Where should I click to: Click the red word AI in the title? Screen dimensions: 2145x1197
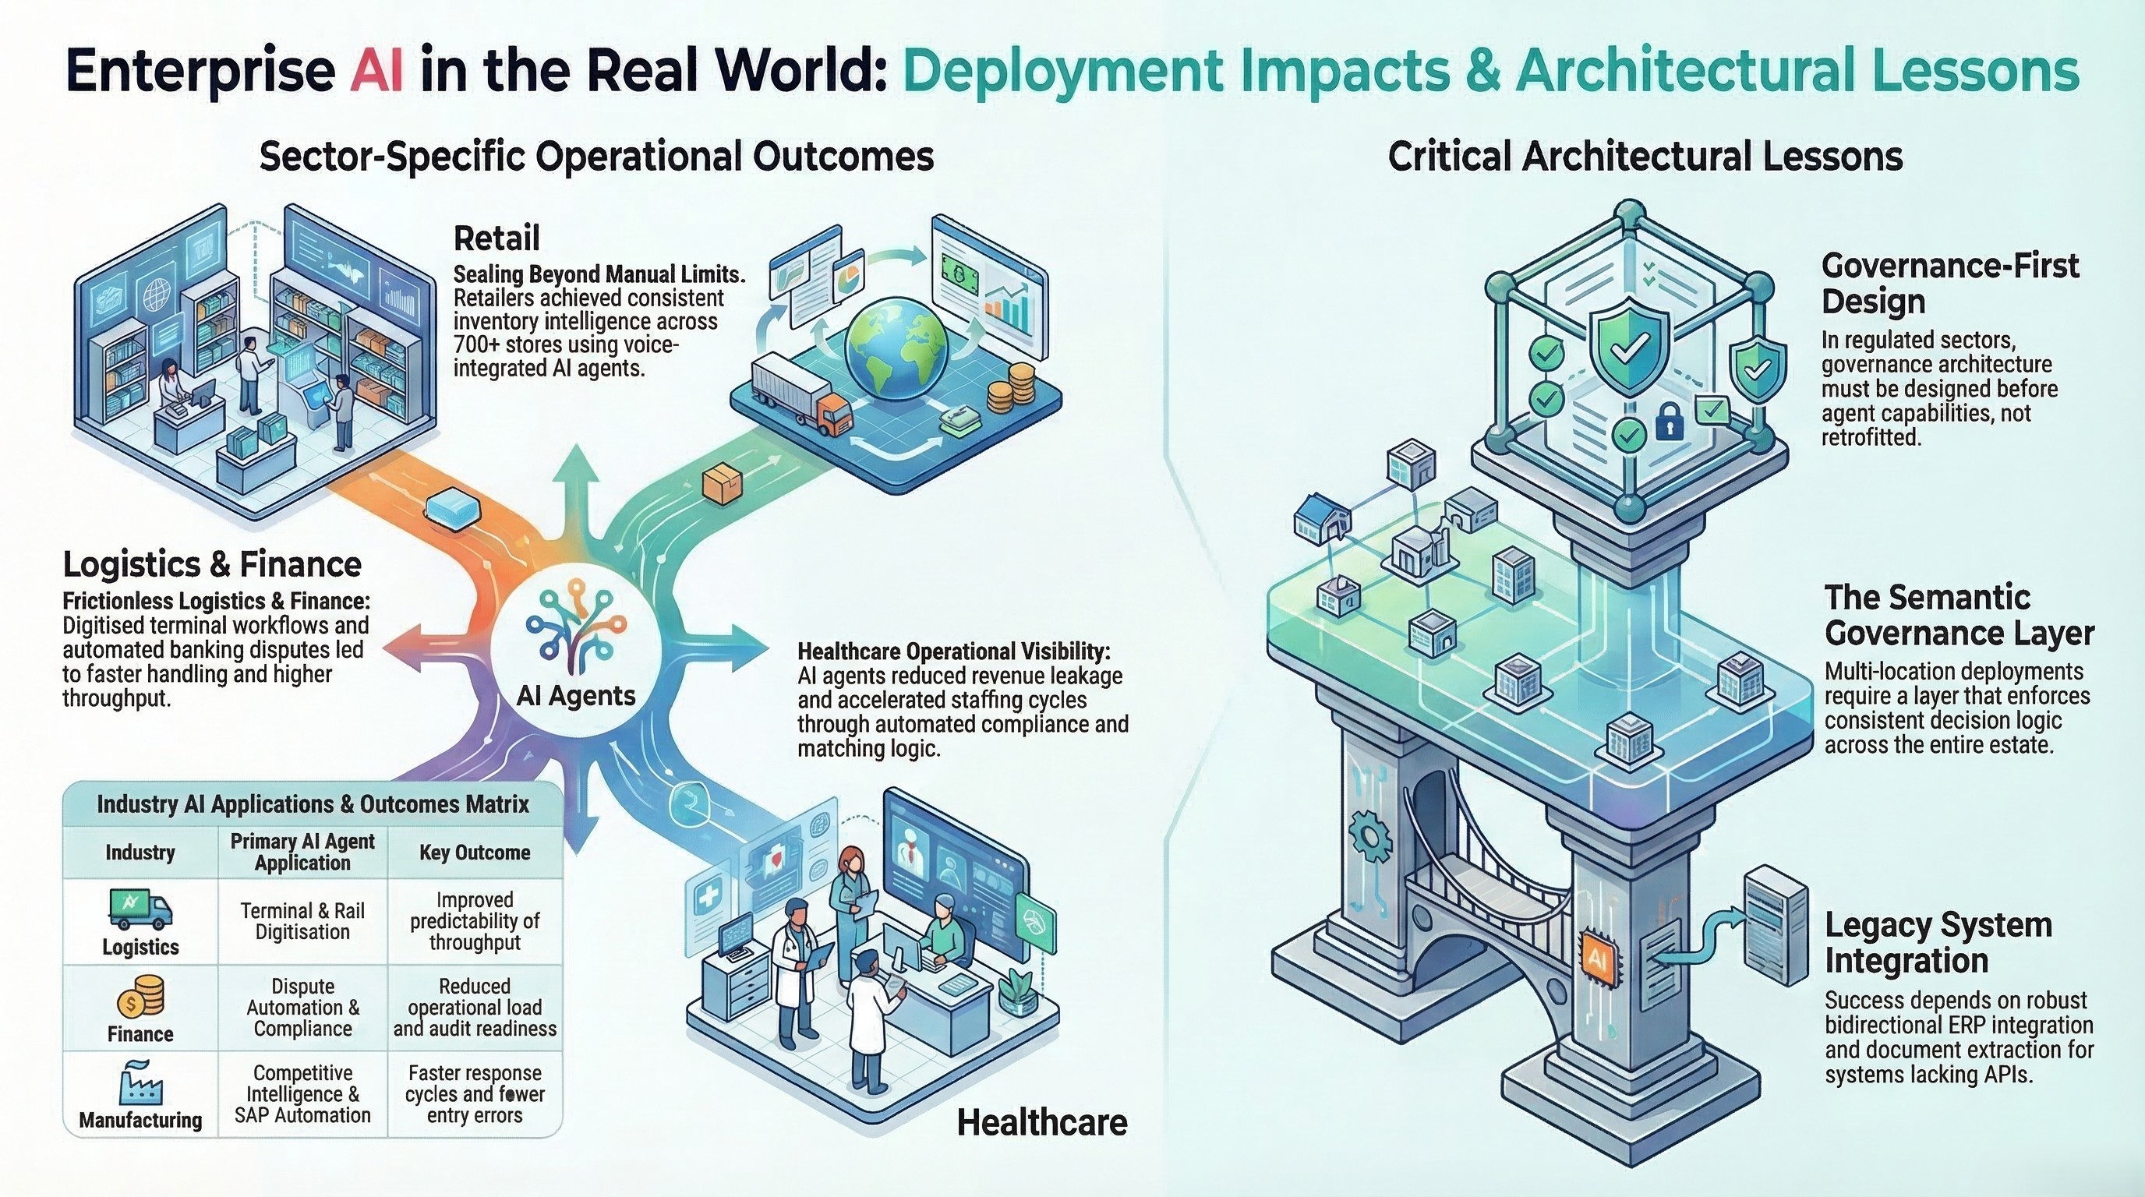tap(376, 72)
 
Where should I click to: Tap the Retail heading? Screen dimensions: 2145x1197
tap(496, 239)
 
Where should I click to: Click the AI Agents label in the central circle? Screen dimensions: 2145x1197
tap(575, 695)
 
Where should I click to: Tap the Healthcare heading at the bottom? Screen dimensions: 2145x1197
tap(1041, 1122)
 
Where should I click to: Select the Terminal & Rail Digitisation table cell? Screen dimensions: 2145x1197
tap(302, 921)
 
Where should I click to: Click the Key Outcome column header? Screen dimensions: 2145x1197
tap(475, 853)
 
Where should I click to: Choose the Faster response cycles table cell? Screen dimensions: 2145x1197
tap(475, 1094)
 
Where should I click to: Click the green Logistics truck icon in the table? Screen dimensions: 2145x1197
tap(140, 909)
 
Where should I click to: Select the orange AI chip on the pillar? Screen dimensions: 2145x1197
tap(1597, 960)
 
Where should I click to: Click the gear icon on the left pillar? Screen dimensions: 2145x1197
tap(1369, 839)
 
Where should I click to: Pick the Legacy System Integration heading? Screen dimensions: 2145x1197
tap(1938, 942)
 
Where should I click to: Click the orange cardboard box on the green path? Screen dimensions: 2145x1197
tap(721, 485)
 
